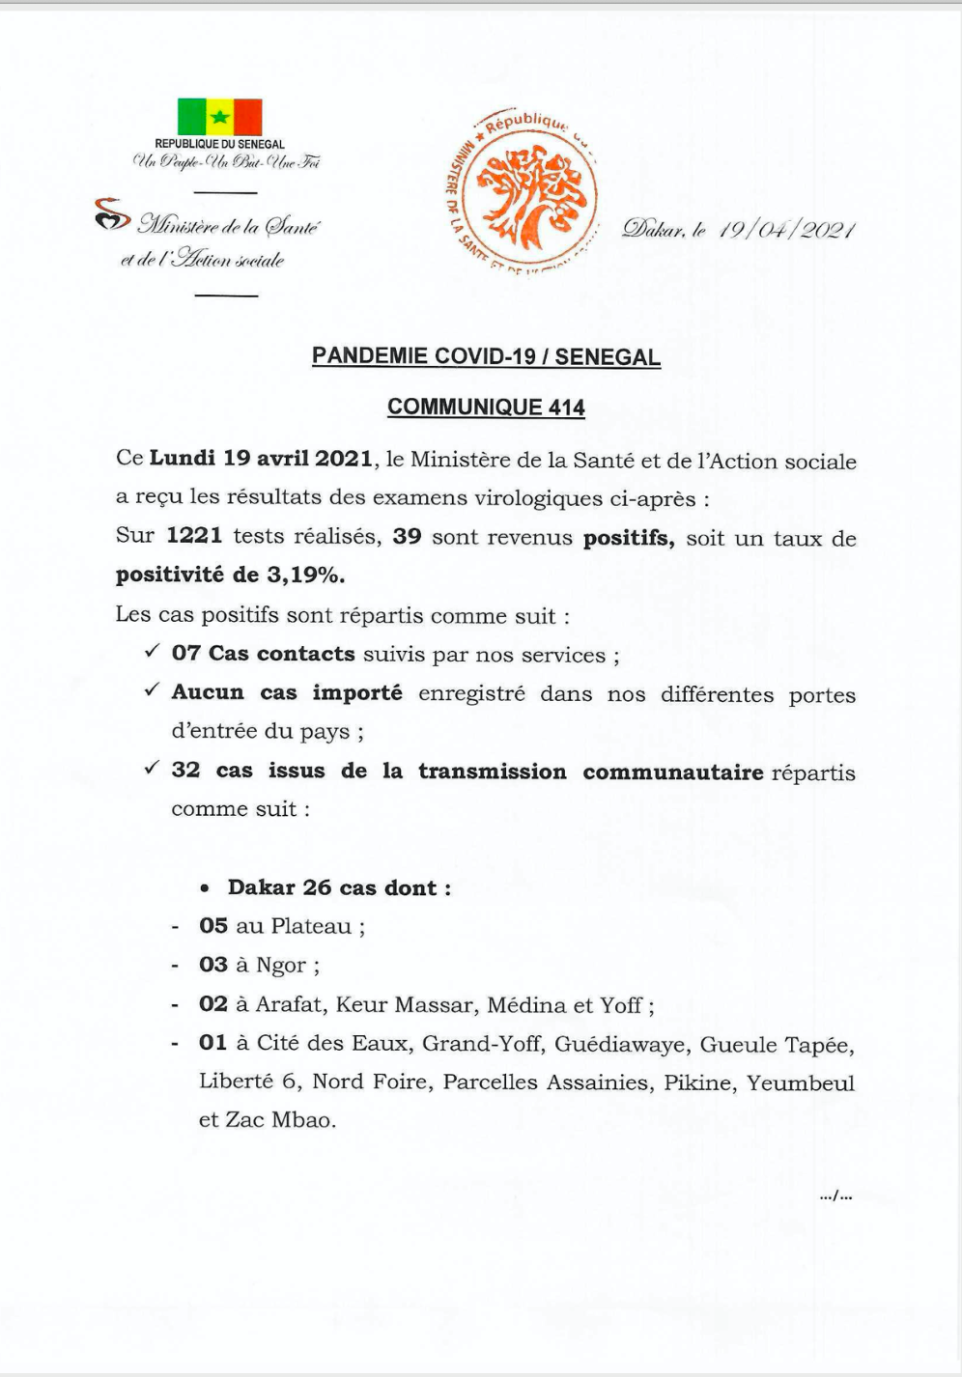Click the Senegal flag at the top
coord(220,118)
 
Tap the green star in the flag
coord(220,118)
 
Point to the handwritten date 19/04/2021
coord(787,230)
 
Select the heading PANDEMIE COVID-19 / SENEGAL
coord(486,356)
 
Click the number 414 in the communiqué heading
coord(566,407)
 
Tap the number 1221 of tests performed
coord(194,536)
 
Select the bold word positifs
coord(628,537)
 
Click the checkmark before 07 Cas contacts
coord(152,652)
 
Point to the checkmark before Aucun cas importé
coord(152,690)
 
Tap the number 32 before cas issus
coord(185,770)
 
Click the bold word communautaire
coord(672,772)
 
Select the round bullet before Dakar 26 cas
coord(205,888)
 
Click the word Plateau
coord(311,926)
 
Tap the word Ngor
coord(282,965)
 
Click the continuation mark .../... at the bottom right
coord(835,1196)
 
